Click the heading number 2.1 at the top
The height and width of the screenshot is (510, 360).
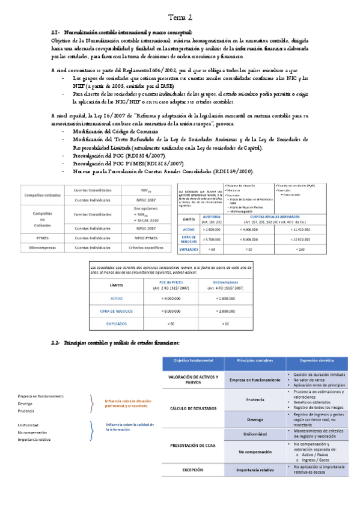tap(55, 32)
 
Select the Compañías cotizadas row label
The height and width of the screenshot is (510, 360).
tap(43, 195)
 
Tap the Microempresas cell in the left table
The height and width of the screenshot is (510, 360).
tap(43, 247)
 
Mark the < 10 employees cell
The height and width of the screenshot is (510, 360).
tap(225, 324)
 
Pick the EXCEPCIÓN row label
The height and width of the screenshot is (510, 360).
tap(194, 469)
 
